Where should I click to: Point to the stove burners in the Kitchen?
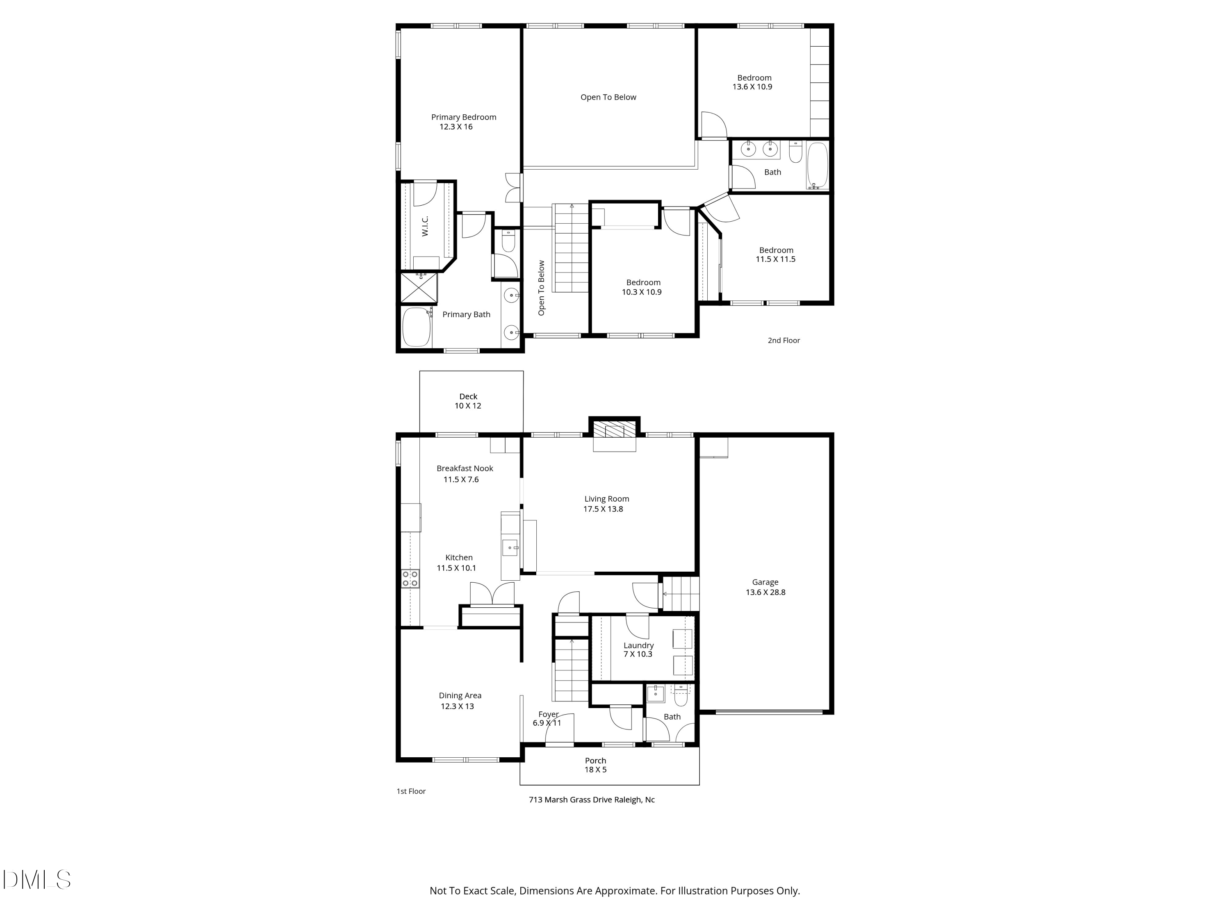(410, 579)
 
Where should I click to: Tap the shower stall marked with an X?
(419, 288)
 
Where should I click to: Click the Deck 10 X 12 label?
(468, 401)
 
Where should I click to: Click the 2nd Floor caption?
(784, 341)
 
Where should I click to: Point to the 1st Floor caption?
(411, 791)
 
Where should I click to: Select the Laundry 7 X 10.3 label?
(638, 649)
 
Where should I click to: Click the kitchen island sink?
(510, 547)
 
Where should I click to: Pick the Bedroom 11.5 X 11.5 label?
(776, 254)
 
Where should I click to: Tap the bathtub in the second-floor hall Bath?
(817, 165)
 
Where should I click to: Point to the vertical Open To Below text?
(542, 288)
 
